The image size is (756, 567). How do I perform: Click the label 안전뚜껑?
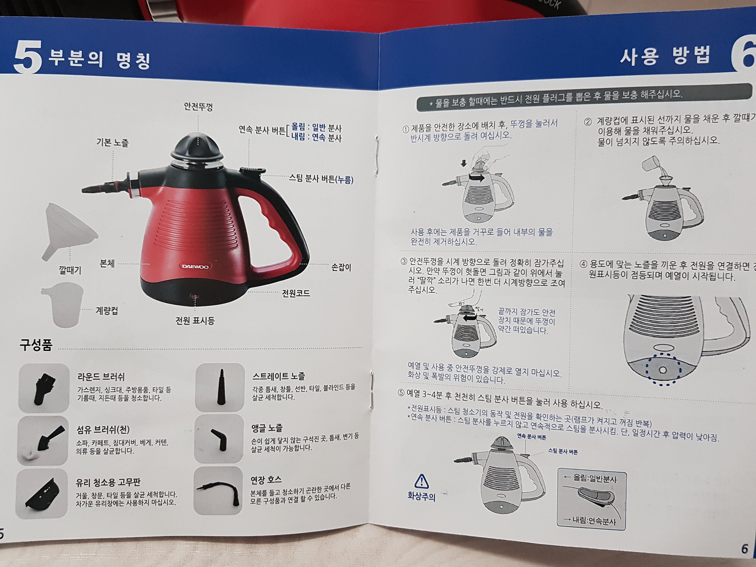tap(198, 107)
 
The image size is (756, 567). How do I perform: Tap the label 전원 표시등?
tap(195, 321)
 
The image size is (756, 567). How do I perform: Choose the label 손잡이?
tap(341, 267)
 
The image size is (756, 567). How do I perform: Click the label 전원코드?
tap(296, 293)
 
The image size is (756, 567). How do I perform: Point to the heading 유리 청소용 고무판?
tap(108, 482)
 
